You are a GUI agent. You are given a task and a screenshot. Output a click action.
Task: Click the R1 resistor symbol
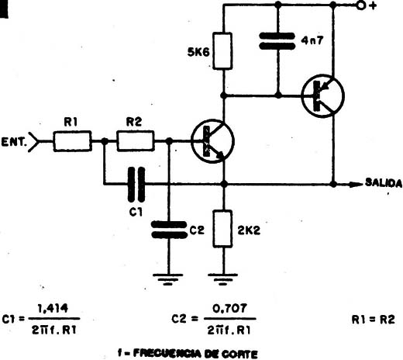point(72,141)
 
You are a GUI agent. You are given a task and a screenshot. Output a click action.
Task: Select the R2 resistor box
point(136,141)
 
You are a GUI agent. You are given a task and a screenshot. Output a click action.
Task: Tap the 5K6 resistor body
point(222,51)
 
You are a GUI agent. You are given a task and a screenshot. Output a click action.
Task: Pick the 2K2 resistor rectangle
point(222,229)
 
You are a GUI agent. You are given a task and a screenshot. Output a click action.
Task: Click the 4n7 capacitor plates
point(277,41)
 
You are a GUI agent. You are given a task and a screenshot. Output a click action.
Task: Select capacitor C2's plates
point(169,230)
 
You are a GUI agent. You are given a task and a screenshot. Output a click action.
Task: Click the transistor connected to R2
point(212,141)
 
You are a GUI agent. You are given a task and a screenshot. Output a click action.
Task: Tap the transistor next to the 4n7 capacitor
point(323,96)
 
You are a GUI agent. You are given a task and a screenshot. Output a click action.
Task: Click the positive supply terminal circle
point(361,5)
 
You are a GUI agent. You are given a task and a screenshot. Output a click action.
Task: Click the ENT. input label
point(14,142)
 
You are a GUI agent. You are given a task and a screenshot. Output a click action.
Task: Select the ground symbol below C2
point(168,279)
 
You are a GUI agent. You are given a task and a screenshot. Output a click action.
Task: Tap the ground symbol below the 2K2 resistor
point(222,279)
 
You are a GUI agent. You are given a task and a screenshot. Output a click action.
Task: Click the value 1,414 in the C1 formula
point(53,308)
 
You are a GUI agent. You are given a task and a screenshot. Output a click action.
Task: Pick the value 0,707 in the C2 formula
point(229,308)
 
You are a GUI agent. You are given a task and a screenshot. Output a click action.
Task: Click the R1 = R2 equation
point(373,320)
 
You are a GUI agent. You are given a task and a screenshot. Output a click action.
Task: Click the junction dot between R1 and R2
point(105,141)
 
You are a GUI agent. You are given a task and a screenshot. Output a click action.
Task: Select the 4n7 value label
point(312,40)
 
